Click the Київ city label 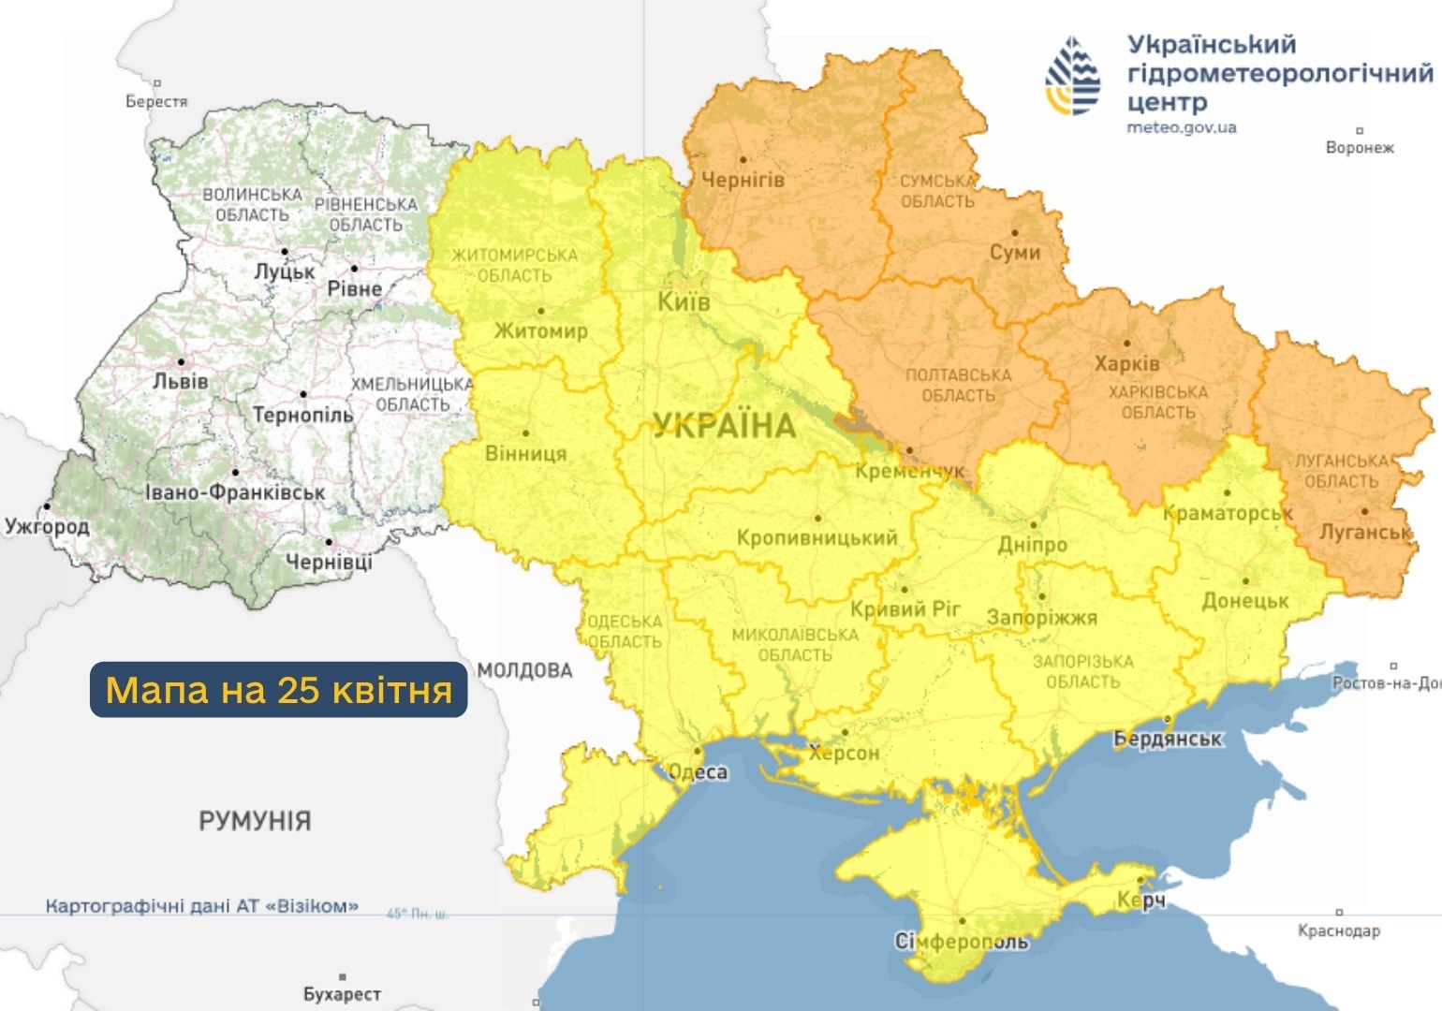[684, 302]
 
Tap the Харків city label [1126, 363]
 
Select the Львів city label [181, 381]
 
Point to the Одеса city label [698, 771]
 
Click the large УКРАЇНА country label [725, 426]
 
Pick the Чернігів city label [743, 180]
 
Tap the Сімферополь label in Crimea [962, 942]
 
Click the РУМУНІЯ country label [255, 821]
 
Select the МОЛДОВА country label [524, 670]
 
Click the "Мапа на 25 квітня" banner [279, 690]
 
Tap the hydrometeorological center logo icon [1073, 77]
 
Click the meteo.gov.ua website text [1181, 127]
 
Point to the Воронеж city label [1360, 148]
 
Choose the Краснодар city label [1338, 930]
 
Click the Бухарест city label [342, 994]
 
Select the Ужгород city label [47, 526]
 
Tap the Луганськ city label [1364, 533]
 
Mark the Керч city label [1140, 900]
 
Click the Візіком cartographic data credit [201, 906]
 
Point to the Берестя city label [156, 101]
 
